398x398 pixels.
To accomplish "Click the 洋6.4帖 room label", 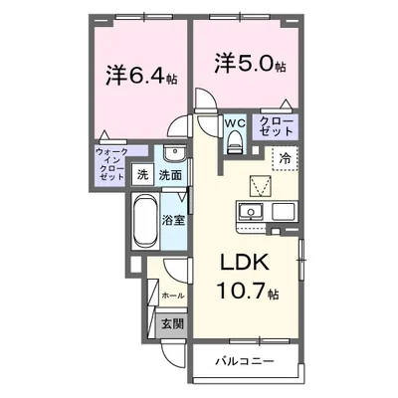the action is point(141,77).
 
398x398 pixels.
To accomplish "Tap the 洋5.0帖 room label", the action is point(250,65).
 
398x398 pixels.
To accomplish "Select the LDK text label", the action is point(245,264).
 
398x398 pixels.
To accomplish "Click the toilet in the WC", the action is point(235,141).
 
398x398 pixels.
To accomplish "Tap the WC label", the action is point(235,123).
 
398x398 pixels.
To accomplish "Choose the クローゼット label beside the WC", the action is point(277,126).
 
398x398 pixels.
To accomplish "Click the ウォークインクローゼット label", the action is point(111,164).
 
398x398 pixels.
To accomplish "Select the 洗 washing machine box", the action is point(143,175).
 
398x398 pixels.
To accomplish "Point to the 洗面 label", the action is point(170,175).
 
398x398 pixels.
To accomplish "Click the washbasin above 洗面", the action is point(174,154).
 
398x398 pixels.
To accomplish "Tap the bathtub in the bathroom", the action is point(145,221).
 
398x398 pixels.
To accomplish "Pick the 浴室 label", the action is point(173,221).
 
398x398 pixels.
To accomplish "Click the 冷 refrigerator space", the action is point(285,158).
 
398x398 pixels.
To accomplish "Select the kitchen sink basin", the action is point(251,212).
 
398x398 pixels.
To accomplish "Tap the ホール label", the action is point(173,296).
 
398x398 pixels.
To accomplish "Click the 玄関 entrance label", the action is point(172,323).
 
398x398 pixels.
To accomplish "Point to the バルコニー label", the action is point(245,361).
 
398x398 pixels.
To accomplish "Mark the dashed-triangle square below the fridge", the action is point(260,186).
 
